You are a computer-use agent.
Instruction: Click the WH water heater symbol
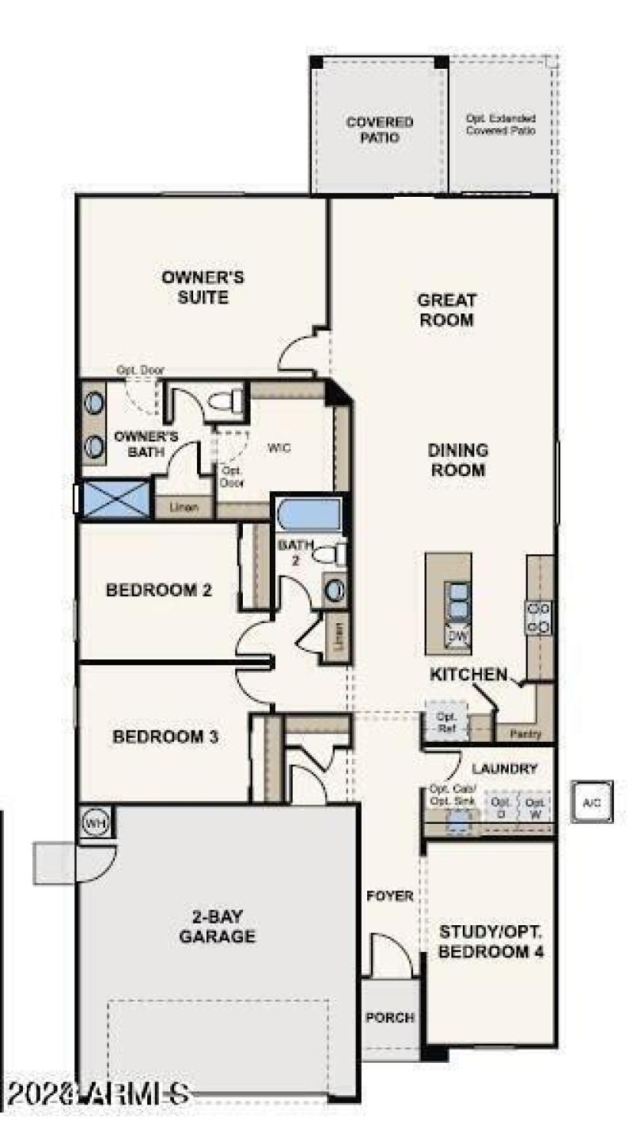coord(95,823)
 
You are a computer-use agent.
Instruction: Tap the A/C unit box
coord(591,803)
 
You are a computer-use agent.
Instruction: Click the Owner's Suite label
coord(203,288)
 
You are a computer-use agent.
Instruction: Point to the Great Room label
coord(446,310)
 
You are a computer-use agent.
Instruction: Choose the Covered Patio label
coord(379,130)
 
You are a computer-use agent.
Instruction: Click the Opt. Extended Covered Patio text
coord(500,124)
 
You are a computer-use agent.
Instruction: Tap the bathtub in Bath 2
coord(308,516)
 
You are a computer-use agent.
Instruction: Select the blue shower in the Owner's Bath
coord(116,498)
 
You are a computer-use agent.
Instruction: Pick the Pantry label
coord(525,734)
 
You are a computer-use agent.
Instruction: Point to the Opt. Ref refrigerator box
coord(445,722)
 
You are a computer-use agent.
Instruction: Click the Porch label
coord(390,1018)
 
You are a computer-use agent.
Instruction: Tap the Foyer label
coord(389,896)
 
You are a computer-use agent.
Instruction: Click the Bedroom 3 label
coord(165,737)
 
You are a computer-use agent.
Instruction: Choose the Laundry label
coord(505,769)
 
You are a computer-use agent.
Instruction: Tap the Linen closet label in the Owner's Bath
coord(184,508)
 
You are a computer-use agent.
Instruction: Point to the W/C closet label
coord(279,448)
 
